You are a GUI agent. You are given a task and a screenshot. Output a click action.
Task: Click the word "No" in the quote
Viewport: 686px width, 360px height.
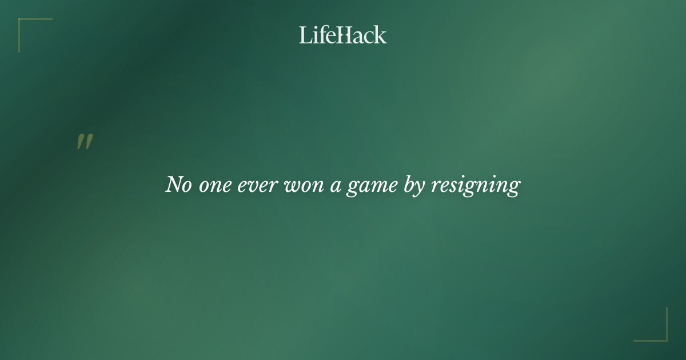point(179,185)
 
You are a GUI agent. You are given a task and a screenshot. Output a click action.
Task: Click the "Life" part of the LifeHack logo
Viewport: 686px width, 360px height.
point(316,35)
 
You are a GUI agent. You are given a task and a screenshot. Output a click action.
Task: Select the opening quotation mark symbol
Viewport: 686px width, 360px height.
point(85,142)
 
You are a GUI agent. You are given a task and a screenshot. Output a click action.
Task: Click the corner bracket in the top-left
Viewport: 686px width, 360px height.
point(23,23)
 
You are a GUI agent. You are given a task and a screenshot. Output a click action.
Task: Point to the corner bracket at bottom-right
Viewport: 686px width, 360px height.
point(663,337)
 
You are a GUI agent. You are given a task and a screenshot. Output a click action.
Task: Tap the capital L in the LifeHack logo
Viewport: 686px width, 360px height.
point(304,35)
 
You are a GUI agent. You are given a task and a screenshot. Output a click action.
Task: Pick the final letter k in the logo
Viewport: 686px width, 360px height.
point(381,35)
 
